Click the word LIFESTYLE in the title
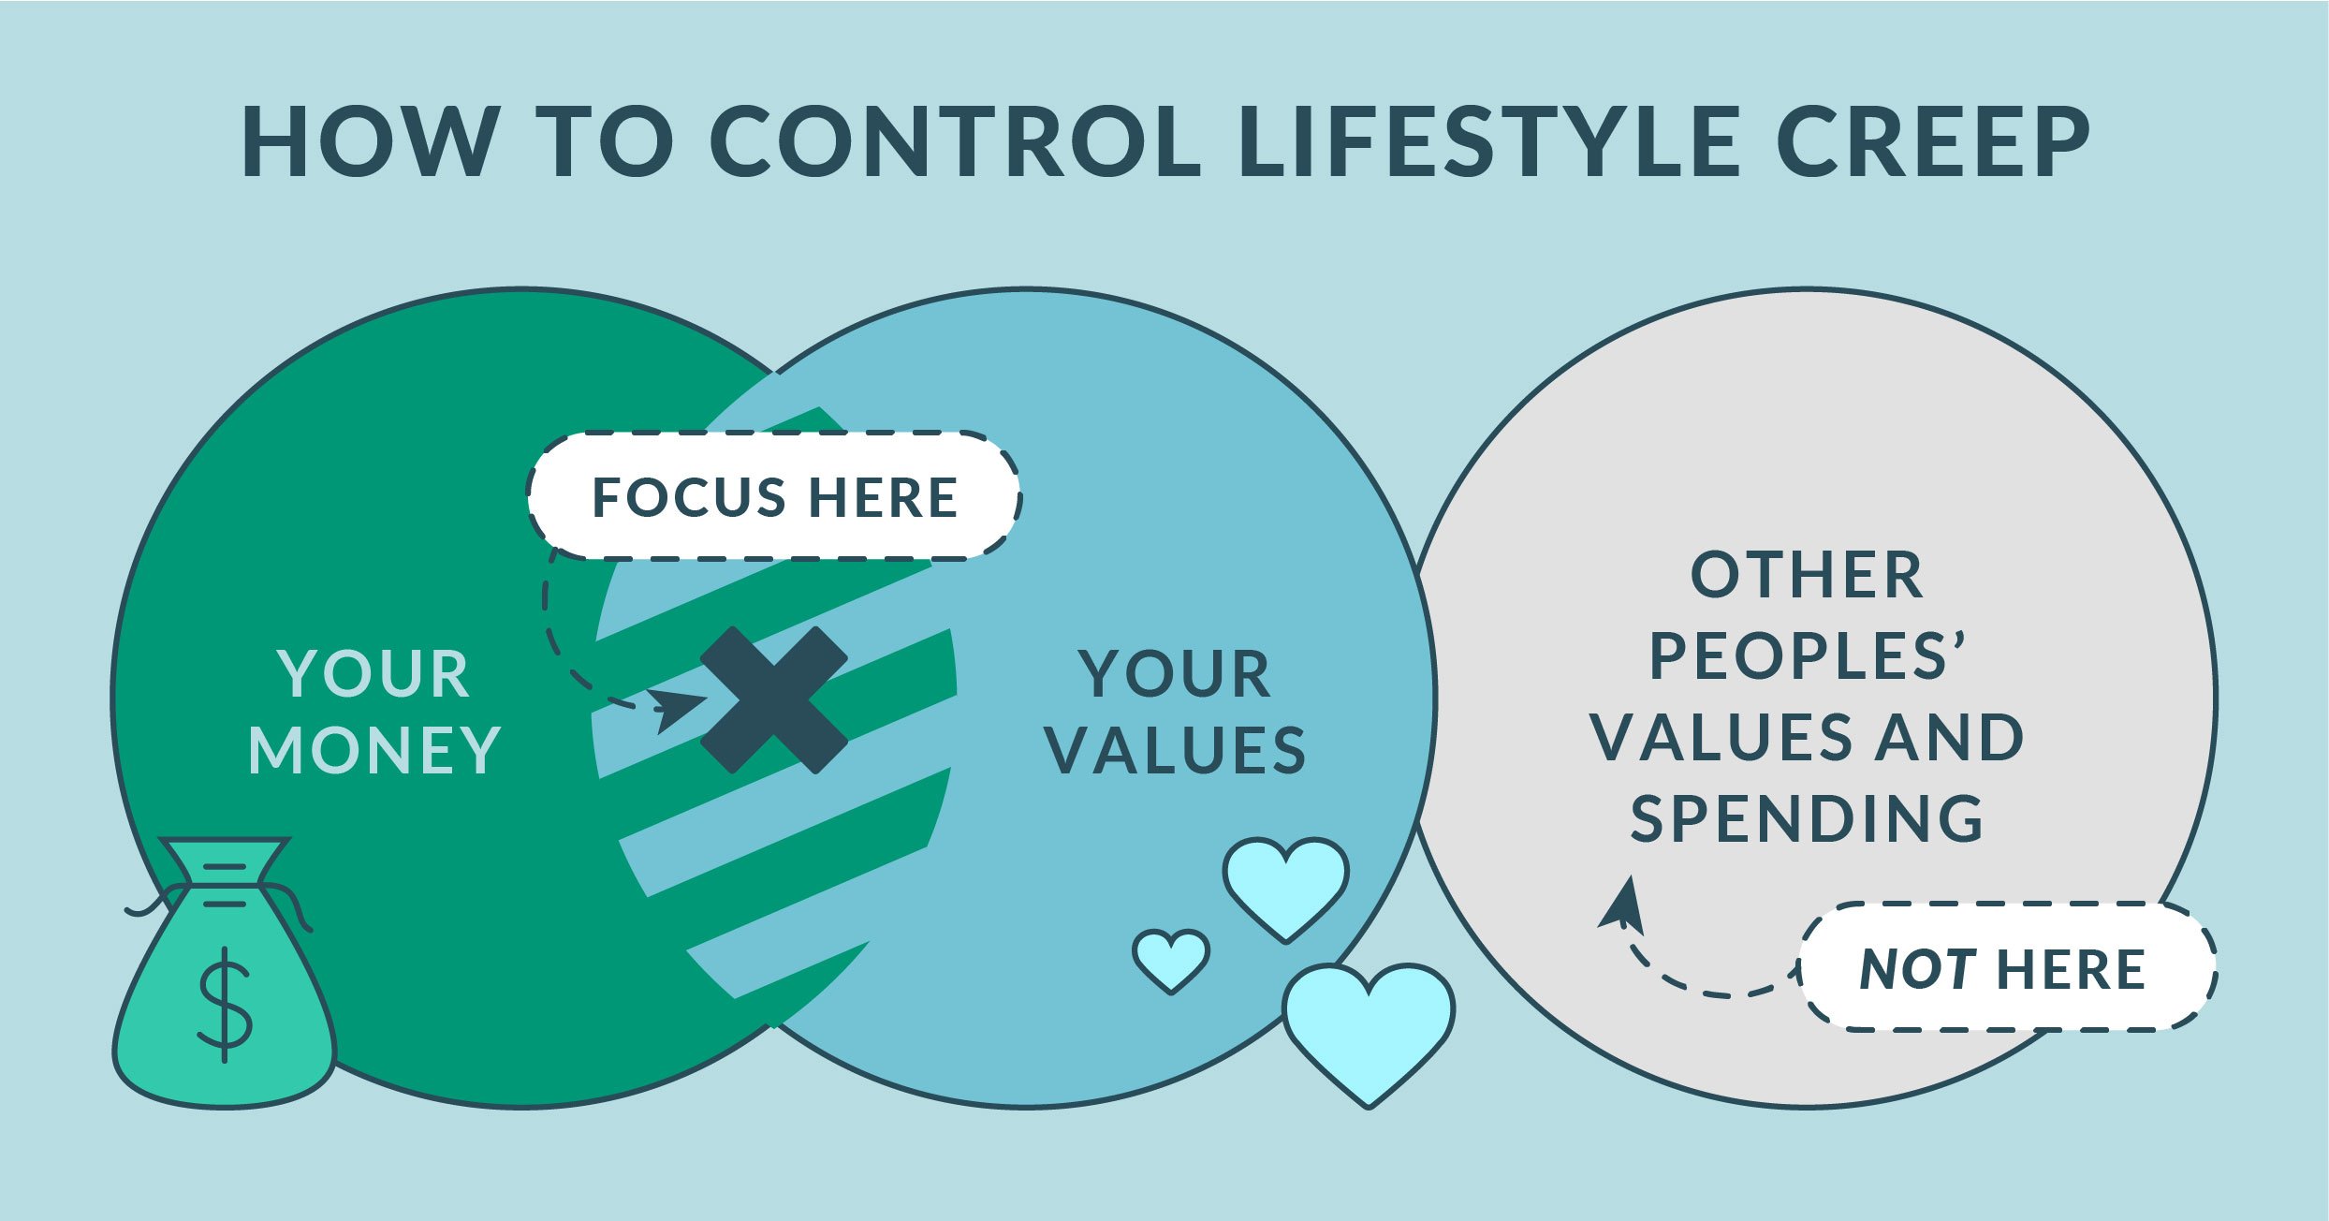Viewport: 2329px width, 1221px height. tap(1489, 141)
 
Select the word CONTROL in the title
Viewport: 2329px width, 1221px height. tap(956, 141)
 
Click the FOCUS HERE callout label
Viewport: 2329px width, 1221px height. tap(774, 496)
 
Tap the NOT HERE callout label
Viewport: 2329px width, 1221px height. tap(2007, 968)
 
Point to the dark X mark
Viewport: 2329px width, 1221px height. tap(774, 699)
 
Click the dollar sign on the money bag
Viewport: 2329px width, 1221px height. tap(225, 1006)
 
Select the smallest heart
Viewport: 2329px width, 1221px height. tap(1170, 960)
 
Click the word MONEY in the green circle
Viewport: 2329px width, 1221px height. tap(374, 750)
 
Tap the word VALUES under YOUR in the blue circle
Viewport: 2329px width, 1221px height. tap(1176, 750)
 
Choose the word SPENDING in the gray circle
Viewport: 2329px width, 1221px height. tap(1807, 818)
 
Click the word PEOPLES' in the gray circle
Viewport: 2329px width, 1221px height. tap(1807, 655)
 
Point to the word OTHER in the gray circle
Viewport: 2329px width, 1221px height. tap(1807, 575)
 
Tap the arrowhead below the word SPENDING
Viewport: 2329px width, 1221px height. tap(1624, 904)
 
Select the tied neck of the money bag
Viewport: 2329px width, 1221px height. tap(225, 886)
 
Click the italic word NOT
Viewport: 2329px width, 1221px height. tap(1917, 968)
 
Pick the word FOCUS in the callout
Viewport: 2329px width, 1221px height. tap(690, 496)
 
